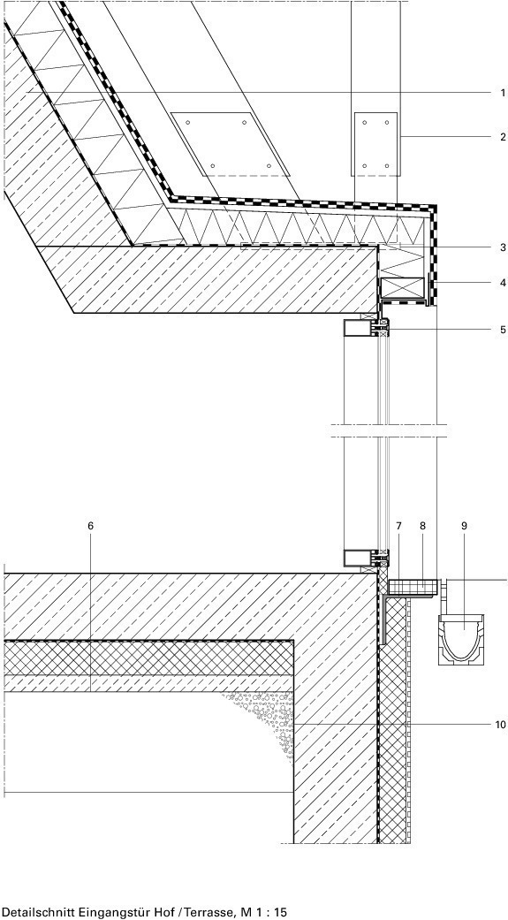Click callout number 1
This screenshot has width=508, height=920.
pyautogui.click(x=502, y=93)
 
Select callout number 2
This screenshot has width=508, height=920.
pyautogui.click(x=502, y=137)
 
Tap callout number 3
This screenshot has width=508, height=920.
pyautogui.click(x=502, y=247)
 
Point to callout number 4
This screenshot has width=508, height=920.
pyautogui.click(x=502, y=283)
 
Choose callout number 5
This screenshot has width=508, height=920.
pyautogui.click(x=502, y=330)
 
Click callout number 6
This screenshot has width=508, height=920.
pyautogui.click(x=90, y=526)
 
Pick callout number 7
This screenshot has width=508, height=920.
pyautogui.click(x=398, y=526)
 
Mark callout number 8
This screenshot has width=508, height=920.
pyautogui.click(x=422, y=526)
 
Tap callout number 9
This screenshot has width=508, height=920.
pyautogui.click(x=464, y=526)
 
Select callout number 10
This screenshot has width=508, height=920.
pyautogui.click(x=500, y=725)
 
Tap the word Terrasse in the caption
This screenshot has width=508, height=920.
pyautogui.click(x=205, y=912)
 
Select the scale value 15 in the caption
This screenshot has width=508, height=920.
pyautogui.click(x=281, y=912)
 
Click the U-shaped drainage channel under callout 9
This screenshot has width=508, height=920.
pyautogui.click(x=461, y=638)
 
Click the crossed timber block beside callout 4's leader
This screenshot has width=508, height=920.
pyautogui.click(x=402, y=287)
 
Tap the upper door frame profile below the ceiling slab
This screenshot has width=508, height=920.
pyautogui.click(x=366, y=328)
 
